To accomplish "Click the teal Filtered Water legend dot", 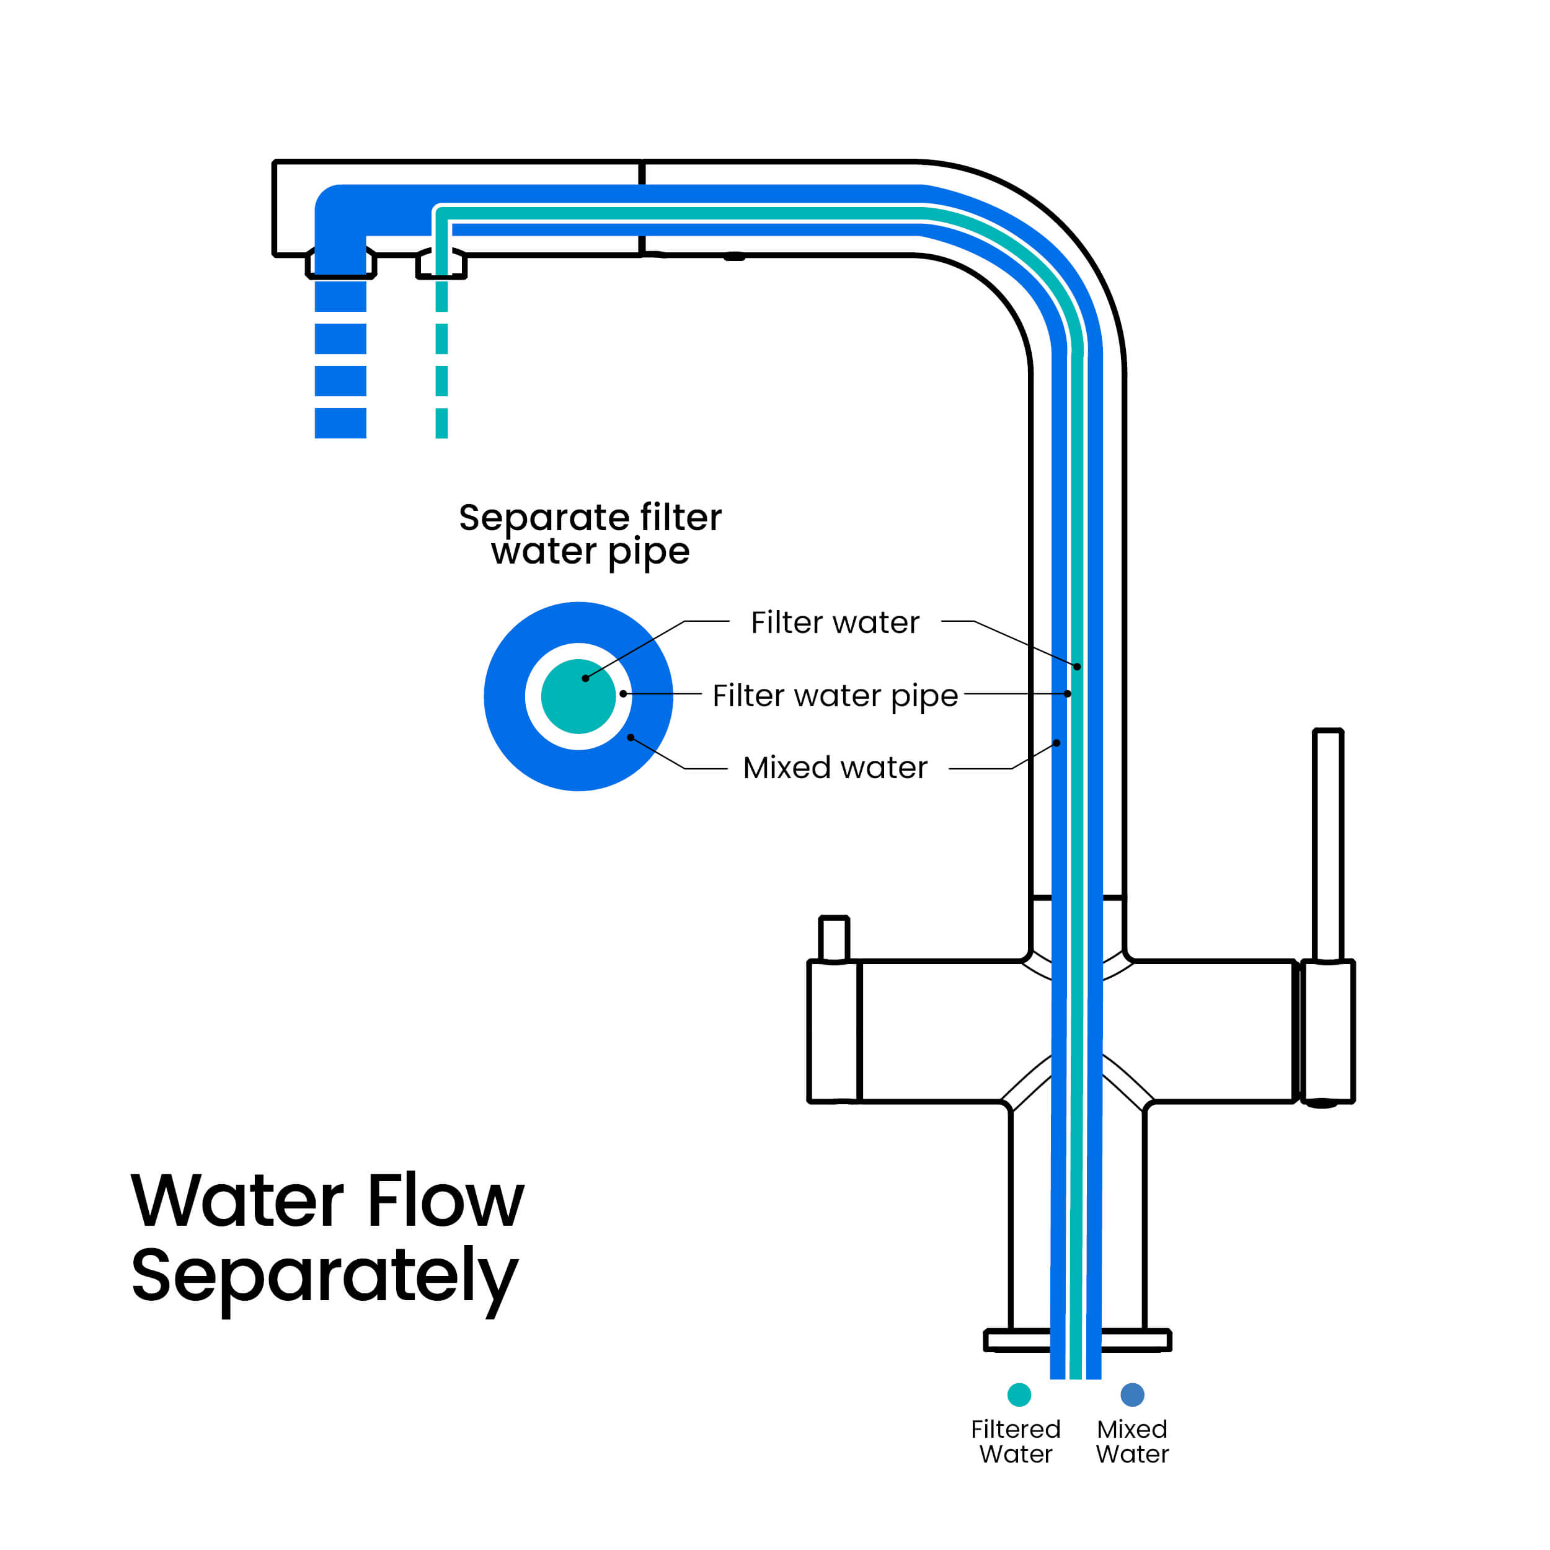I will [1019, 1394].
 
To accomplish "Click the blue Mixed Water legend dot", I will [1132, 1394].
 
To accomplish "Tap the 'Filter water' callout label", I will [835, 622].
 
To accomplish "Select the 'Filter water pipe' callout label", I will [835, 695].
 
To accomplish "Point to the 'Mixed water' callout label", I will [835, 768].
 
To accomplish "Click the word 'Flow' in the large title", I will [445, 1201].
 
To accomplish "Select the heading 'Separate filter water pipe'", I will [590, 534].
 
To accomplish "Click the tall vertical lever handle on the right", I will [1328, 843].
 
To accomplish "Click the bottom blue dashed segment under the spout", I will [340, 423].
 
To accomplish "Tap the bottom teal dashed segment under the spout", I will [441, 423].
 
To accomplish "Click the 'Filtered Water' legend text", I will [1015, 1441].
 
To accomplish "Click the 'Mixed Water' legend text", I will [1132, 1441].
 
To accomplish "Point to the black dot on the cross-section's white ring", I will [623, 693].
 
